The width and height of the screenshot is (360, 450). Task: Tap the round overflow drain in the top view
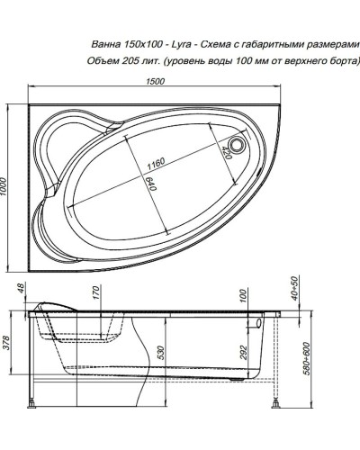pyautogui.click(x=239, y=142)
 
